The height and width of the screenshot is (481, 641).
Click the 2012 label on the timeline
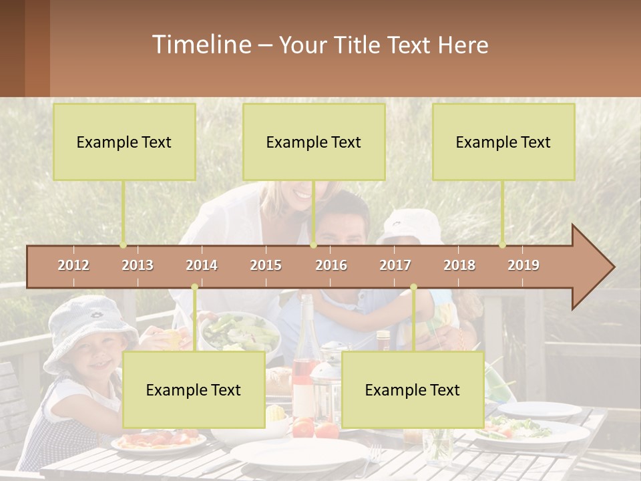pyautogui.click(x=73, y=265)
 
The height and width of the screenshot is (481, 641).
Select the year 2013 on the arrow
pyautogui.click(x=138, y=265)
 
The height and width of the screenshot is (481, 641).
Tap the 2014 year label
pyautogui.click(x=202, y=265)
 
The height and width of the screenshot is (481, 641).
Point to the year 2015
pyautogui.click(x=266, y=265)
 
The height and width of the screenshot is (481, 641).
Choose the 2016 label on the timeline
pyautogui.click(x=331, y=265)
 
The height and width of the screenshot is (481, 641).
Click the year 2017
pyautogui.click(x=395, y=265)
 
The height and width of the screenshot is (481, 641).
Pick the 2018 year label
pyautogui.click(x=459, y=265)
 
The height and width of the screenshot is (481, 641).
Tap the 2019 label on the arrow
pyautogui.click(x=523, y=265)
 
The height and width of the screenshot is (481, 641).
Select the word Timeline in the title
pyautogui.click(x=200, y=45)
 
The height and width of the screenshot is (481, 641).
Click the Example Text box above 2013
pyautogui.click(x=124, y=142)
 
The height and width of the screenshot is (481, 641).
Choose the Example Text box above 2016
pyautogui.click(x=314, y=142)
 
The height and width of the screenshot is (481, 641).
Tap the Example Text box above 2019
pyautogui.click(x=503, y=142)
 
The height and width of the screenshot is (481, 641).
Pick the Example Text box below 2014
pyautogui.click(x=194, y=389)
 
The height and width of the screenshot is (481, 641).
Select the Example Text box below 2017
pyautogui.click(x=413, y=389)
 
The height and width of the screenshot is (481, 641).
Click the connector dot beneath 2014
pyautogui.click(x=194, y=287)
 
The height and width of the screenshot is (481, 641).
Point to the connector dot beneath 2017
pyautogui.click(x=413, y=287)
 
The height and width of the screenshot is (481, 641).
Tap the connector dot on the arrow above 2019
pyautogui.click(x=502, y=245)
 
